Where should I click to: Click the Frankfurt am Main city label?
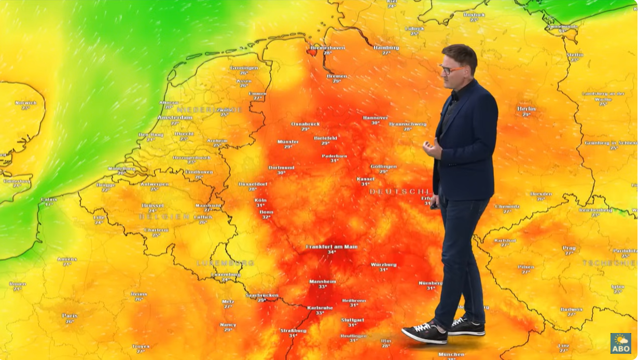pos(331,247)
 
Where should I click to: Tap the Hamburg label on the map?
pos(386,47)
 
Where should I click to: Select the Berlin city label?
pos(526,109)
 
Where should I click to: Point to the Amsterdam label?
pos(174,118)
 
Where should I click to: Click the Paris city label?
pos(70,315)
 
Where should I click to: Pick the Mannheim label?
pos(323,282)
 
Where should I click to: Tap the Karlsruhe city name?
pos(320,308)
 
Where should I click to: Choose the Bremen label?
pos(337,76)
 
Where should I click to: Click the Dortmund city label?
pos(281,168)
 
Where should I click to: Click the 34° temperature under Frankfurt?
pos(331,253)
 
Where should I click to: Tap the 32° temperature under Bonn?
pos(266,217)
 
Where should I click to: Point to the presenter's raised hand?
pos(432,149)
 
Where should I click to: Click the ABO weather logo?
pos(620,343)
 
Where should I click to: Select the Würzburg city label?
pos(383,265)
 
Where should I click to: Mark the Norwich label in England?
pos(25,103)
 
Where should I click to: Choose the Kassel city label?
pos(365,179)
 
